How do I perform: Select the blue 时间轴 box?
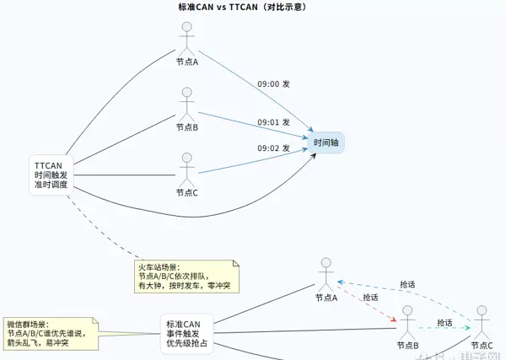326,142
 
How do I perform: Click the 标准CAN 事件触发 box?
186,334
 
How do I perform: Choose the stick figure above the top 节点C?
187,169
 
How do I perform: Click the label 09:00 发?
273,84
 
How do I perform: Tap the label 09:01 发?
273,122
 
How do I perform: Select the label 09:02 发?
273,148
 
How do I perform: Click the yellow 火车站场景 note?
188,277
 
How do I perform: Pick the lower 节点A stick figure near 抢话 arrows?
326,275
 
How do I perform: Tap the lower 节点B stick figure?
408,323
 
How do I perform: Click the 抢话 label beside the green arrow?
445,324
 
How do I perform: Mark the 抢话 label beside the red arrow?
370,298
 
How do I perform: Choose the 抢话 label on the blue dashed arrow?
407,285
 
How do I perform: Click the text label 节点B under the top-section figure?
187,127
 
